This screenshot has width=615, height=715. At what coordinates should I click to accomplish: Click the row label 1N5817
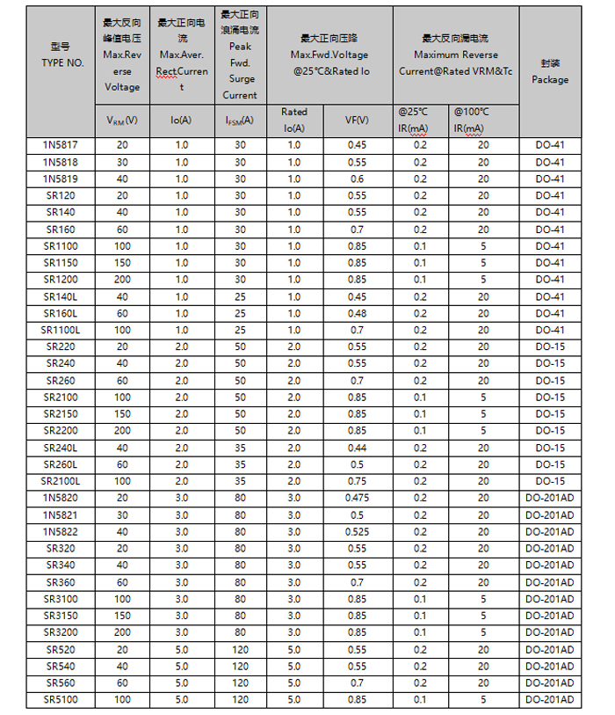click(61, 145)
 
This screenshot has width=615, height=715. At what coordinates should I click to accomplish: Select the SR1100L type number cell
click(61, 330)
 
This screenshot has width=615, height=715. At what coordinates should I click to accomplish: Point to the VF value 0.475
click(357, 498)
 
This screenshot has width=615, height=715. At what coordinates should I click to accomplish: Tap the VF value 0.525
click(357, 531)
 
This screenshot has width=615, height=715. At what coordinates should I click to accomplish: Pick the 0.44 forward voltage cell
click(357, 447)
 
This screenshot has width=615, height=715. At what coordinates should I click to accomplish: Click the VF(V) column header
click(357, 120)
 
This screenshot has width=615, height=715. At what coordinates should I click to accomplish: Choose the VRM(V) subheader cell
click(122, 120)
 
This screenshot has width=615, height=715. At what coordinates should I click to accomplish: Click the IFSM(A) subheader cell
click(240, 120)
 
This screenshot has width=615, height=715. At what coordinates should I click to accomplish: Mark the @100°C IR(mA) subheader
click(483, 120)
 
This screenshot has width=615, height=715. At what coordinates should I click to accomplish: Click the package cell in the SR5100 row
click(550, 699)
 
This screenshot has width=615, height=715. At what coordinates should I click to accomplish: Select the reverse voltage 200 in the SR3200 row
click(122, 632)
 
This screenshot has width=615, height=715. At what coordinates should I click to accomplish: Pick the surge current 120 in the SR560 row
click(240, 682)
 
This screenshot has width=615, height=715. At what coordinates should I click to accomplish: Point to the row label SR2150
click(61, 413)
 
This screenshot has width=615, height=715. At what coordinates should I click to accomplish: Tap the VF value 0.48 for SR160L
click(357, 313)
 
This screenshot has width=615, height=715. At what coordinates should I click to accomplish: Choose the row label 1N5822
click(61, 531)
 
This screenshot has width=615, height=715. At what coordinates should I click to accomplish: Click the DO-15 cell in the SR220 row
click(550, 347)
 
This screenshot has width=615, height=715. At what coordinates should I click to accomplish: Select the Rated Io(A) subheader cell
click(293, 120)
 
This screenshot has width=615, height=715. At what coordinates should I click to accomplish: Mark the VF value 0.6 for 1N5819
click(357, 179)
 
